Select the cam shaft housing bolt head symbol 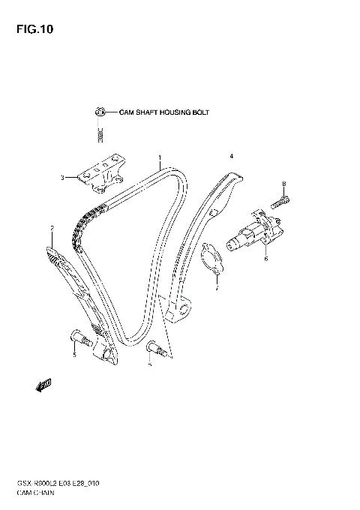tap(98, 112)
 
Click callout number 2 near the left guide tap(52, 227)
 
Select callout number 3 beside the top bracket tap(64, 178)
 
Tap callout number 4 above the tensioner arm tap(232, 156)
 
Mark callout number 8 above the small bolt tap(284, 183)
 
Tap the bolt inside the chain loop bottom tap(154, 346)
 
